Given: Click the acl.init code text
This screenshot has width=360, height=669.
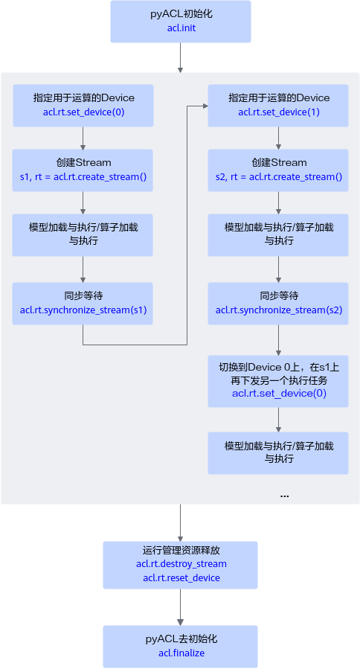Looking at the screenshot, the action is click(x=181, y=28).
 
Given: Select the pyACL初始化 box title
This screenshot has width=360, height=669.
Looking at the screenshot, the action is click(x=181, y=14).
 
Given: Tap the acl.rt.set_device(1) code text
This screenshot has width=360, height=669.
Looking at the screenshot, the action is click(x=279, y=112).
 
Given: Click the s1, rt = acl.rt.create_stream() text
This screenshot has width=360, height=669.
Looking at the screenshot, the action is click(x=83, y=176).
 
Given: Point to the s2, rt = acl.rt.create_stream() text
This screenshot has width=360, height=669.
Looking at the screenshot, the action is click(x=279, y=176).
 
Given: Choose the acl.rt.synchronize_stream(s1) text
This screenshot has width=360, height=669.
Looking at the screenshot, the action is click(x=83, y=310).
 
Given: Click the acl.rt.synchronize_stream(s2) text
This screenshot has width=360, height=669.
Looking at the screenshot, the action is click(x=279, y=310).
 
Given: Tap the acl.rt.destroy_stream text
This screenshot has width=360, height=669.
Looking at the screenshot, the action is click(x=181, y=564).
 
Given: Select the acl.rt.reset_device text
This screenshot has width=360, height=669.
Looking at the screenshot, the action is click(x=181, y=578).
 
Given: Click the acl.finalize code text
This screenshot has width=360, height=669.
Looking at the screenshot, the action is click(x=181, y=653).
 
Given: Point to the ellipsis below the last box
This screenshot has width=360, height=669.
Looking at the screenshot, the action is click(x=284, y=496).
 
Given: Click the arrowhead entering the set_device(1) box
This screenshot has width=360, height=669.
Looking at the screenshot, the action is click(x=205, y=106).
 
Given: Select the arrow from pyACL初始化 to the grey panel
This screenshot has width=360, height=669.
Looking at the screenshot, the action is click(x=181, y=57).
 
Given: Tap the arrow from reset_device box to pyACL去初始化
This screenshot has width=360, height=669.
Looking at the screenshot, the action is click(x=181, y=607).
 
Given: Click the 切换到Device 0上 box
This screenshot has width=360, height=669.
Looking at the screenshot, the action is click(x=278, y=381).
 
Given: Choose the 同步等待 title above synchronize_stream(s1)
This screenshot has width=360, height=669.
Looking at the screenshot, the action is click(x=83, y=296).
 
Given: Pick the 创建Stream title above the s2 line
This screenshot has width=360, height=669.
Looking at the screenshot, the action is click(x=279, y=162).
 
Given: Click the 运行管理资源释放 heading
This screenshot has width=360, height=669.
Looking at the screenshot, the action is click(x=181, y=550).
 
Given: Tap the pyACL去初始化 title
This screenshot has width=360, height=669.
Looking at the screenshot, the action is click(x=181, y=638).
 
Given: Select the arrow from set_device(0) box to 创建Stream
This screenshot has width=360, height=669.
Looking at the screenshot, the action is click(x=83, y=138).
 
